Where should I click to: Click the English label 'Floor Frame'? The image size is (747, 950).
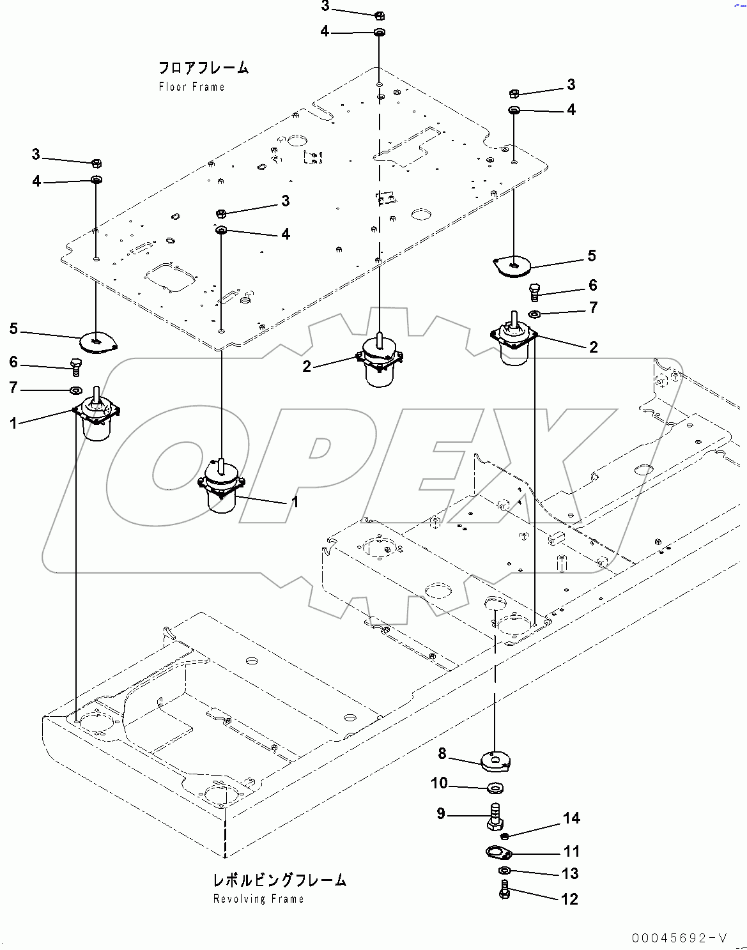[192, 87]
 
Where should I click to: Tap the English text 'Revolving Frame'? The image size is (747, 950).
[258, 899]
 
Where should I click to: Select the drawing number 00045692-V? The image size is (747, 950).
[679, 938]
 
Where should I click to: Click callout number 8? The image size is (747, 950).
[442, 754]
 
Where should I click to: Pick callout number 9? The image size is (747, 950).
[441, 814]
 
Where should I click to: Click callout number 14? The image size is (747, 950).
[571, 818]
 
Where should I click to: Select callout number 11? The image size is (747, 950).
[571, 851]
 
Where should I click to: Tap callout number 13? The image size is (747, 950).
[571, 873]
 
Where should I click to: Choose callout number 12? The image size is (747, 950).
[569, 899]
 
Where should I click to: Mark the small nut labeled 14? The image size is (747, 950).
[504, 836]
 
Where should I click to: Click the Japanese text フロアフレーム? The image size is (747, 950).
[203, 68]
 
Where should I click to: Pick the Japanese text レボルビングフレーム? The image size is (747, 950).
[279, 880]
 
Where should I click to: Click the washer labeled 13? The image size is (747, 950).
[504, 871]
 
